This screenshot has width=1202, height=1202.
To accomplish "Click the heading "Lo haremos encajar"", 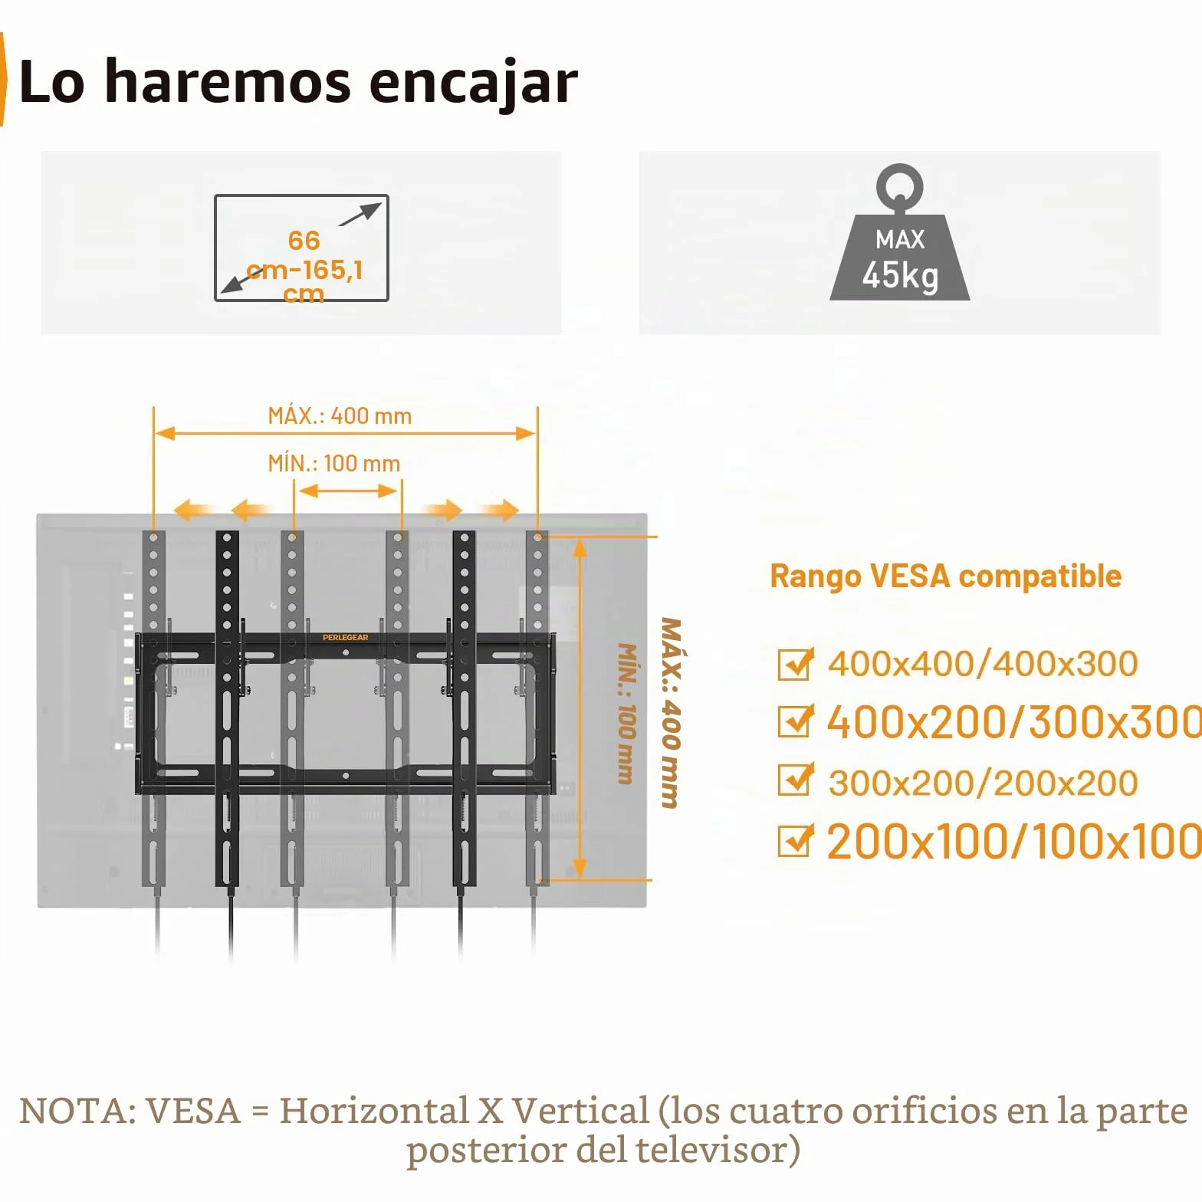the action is [x=298, y=81].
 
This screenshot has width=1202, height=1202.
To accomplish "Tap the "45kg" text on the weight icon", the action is [x=900, y=274].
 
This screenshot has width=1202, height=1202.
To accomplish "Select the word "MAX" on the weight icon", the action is [x=900, y=239].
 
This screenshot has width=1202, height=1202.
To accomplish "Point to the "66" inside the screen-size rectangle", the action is [x=304, y=240].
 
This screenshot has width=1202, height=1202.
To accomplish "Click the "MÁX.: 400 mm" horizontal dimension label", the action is [x=340, y=415].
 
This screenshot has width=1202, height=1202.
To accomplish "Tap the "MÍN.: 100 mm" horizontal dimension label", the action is [x=333, y=463].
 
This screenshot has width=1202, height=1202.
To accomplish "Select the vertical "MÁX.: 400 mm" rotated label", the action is [x=671, y=713].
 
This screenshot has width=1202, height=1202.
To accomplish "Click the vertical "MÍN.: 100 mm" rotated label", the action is [x=627, y=714].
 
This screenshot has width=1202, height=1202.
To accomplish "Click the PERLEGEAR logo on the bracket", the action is [x=345, y=637].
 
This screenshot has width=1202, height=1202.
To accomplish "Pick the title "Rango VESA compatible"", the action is [x=946, y=576].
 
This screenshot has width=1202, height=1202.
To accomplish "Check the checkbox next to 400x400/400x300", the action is [x=795, y=664].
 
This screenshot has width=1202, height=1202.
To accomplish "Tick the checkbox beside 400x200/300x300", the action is [x=795, y=721].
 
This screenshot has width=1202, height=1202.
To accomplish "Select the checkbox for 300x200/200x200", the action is [x=795, y=780].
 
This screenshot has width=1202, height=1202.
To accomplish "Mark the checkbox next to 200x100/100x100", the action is [x=795, y=840].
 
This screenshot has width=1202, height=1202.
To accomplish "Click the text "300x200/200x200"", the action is [x=983, y=783].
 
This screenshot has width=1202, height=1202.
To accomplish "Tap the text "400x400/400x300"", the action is [x=983, y=664].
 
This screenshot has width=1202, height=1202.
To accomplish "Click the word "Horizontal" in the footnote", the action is [x=374, y=1111].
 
